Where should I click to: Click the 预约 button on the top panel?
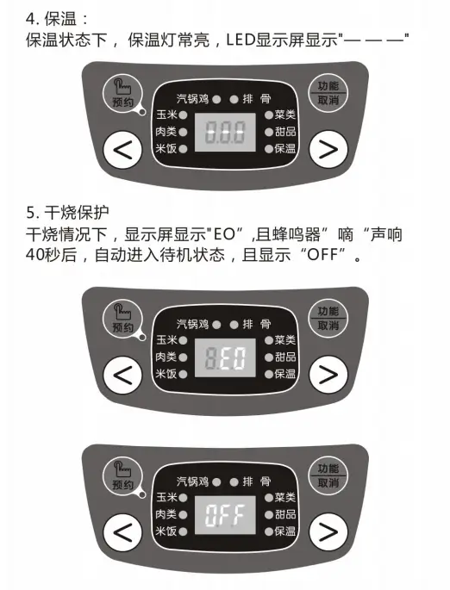122,93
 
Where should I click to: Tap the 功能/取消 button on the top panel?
328,93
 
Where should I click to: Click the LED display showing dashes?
225,132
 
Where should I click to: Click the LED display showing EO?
225,357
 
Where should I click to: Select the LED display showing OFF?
225,515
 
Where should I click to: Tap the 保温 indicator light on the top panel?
268,149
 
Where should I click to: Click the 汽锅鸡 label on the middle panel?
192,324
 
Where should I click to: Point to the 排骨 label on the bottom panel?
257,481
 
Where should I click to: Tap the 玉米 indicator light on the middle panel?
183,340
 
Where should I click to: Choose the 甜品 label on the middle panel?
285,357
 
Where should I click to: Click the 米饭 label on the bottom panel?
166,531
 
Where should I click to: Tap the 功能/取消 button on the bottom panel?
328,475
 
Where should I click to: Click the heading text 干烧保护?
77,213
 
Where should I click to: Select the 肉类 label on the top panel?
166,132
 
